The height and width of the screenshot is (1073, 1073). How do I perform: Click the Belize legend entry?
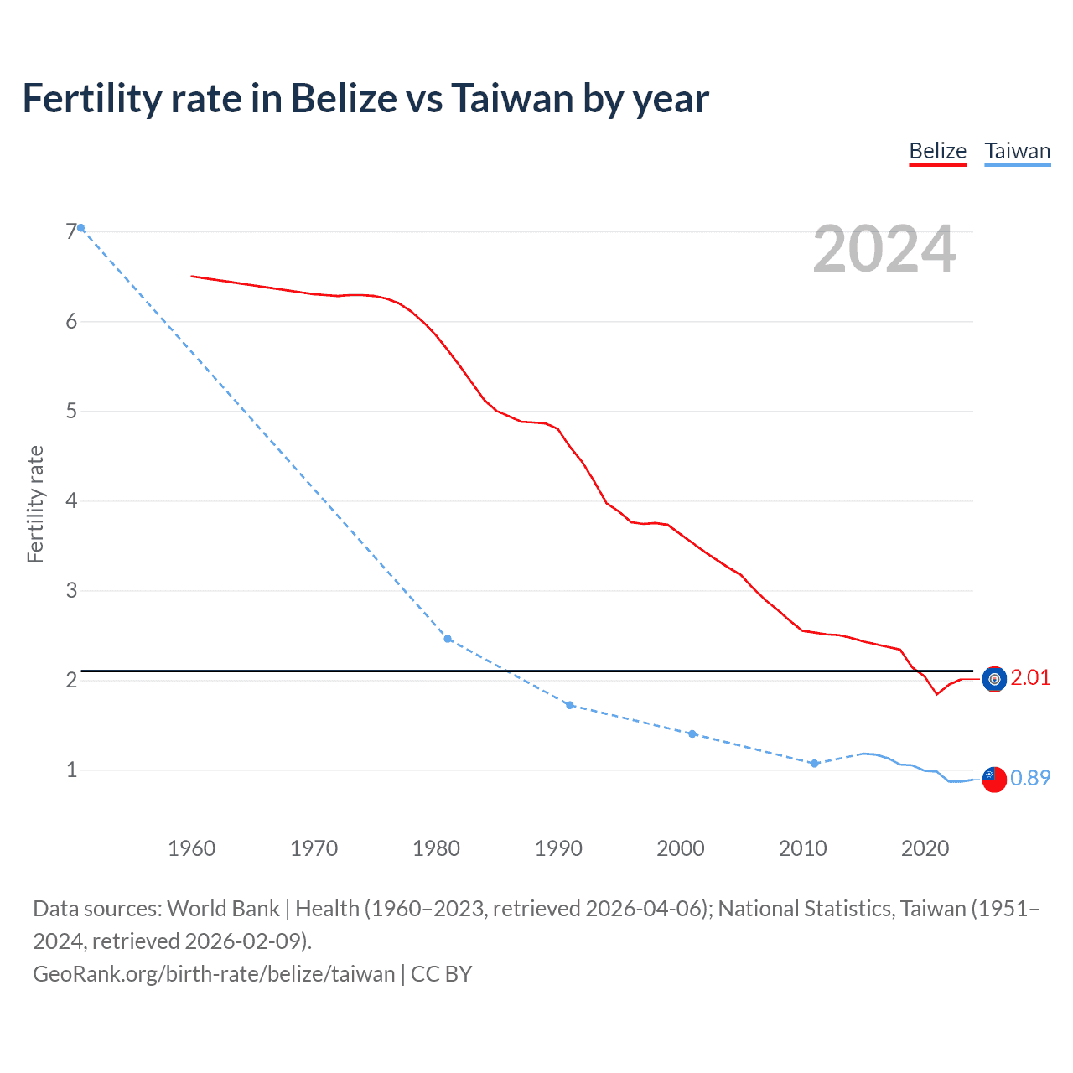pos(937,151)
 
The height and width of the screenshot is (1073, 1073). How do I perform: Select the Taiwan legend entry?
pos(1017,151)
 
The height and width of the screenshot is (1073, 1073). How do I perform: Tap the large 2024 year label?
pos(884,249)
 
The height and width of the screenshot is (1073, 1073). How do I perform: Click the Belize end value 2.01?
pos(1030,677)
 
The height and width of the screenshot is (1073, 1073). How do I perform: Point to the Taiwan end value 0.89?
pos(1030,778)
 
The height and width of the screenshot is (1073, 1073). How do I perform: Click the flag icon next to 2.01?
pos(994,679)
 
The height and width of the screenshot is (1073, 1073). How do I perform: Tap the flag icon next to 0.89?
pos(994,779)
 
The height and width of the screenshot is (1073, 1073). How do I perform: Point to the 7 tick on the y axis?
pos(70,231)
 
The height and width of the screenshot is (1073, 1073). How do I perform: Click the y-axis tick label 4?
pos(70,500)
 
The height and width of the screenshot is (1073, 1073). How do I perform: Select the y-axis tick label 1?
pos(70,770)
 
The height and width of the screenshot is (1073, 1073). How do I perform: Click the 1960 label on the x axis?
pos(191,848)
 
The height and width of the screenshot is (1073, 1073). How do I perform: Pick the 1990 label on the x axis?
pos(558,848)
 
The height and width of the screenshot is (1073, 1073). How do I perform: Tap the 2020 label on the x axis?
pos(925,848)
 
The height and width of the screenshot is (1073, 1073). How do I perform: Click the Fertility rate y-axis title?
pos(35,504)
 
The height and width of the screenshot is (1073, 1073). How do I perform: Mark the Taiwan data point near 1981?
pos(448,639)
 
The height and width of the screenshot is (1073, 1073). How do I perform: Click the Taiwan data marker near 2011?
pos(814,763)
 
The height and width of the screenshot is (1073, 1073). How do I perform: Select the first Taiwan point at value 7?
pos(80,227)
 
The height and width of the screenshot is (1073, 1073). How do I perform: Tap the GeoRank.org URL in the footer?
pos(214,973)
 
